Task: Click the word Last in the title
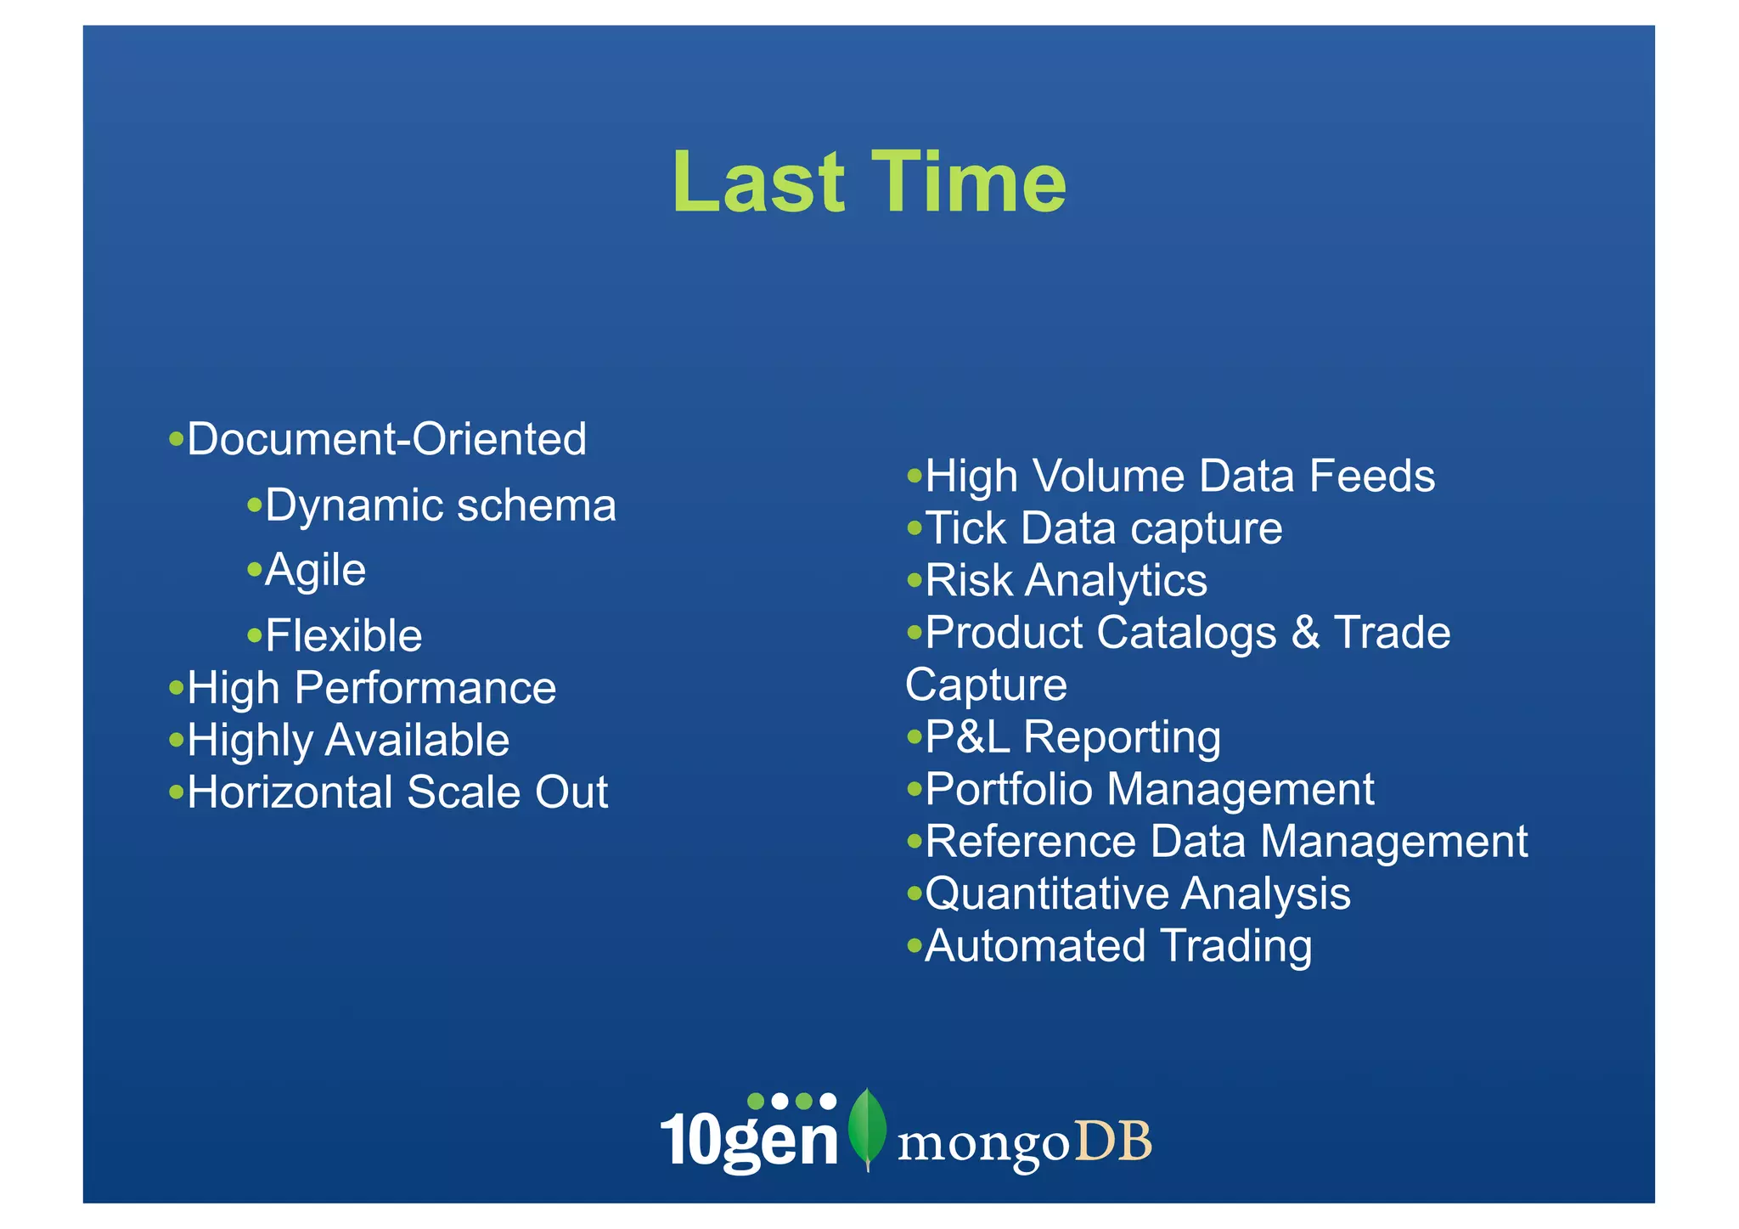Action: coord(758,183)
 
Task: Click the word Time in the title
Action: coord(968,183)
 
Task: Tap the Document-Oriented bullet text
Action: coord(386,440)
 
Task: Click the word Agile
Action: coord(315,570)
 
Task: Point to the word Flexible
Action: coord(343,636)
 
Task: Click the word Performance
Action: coord(425,688)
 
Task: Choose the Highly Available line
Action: coord(348,741)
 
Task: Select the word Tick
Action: coord(965,528)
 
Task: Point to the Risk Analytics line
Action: coord(1066,581)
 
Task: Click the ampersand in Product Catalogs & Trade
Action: coord(1305,634)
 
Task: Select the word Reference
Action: coord(1030,842)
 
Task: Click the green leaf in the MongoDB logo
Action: coord(867,1129)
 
